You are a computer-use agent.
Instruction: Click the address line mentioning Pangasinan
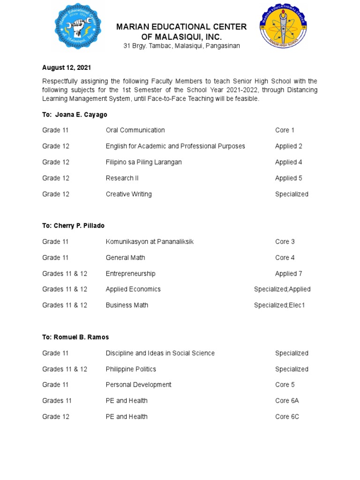pyautogui.click(x=181, y=46)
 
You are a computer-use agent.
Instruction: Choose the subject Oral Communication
pyautogui.click(x=135, y=130)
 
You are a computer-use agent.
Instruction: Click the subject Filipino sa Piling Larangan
pyautogui.click(x=143, y=162)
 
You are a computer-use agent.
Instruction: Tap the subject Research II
pyautogui.click(x=122, y=178)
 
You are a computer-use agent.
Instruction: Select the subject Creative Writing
pyautogui.click(x=128, y=194)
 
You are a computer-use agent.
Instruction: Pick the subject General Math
pyautogui.click(x=125, y=257)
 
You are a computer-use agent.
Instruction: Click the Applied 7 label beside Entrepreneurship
pyautogui.click(x=288, y=273)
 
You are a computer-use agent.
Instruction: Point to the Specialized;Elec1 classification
pyautogui.click(x=279, y=305)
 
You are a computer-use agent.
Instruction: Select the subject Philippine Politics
pyautogui.click(x=131, y=369)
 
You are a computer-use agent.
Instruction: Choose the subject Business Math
pyautogui.click(x=127, y=305)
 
